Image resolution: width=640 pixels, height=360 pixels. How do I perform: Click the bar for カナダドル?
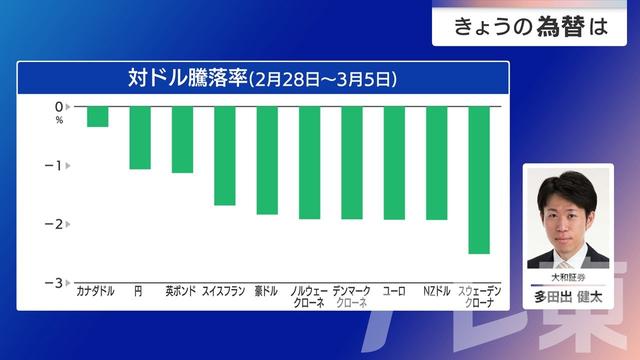point(97,116)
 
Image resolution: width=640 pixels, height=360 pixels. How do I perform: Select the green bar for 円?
point(140,137)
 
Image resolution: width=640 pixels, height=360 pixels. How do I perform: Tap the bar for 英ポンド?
point(182,139)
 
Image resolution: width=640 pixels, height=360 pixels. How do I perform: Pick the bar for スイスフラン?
point(224,155)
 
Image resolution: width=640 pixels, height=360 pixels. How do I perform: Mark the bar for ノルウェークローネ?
point(309,162)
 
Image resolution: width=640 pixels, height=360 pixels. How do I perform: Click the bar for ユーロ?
point(394,162)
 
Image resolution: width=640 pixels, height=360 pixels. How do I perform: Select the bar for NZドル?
point(436,162)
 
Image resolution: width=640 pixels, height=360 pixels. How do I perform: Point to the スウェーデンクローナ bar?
point(478,179)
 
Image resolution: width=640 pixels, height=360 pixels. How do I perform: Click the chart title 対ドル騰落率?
point(186,76)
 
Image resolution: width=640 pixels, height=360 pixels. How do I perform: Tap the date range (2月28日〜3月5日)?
point(323,77)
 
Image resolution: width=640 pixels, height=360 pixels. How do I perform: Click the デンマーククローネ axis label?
point(351,296)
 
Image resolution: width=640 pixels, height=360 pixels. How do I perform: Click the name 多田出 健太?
point(567,296)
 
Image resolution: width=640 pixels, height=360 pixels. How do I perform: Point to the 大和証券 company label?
point(567,277)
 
